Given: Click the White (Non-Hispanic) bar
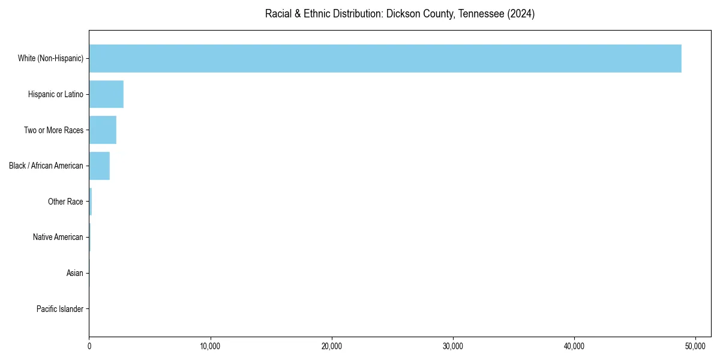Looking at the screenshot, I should click(x=385, y=58).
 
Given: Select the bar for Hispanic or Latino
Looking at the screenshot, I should click(x=106, y=94).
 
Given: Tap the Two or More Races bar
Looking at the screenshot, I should click(x=103, y=130).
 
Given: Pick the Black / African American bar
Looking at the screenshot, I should click(x=100, y=166).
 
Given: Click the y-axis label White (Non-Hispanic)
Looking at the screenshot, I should click(x=50, y=58).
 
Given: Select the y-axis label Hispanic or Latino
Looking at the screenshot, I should click(x=56, y=94).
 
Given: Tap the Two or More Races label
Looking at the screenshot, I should click(x=53, y=130).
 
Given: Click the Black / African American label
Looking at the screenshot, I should click(x=46, y=166).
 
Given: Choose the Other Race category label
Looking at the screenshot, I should click(x=65, y=202).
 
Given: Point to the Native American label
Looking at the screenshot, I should click(x=58, y=238).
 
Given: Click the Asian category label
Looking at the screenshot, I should click(x=75, y=274).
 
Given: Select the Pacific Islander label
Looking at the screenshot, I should click(x=60, y=310).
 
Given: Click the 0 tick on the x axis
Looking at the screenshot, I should click(x=89, y=346).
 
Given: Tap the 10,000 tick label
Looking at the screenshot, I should click(x=211, y=346).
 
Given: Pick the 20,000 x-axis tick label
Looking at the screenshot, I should click(x=332, y=346).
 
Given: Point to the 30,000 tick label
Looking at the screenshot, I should click(x=453, y=346).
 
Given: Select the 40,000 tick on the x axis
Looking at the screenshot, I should click(x=574, y=346).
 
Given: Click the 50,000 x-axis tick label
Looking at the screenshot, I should click(x=695, y=346).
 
